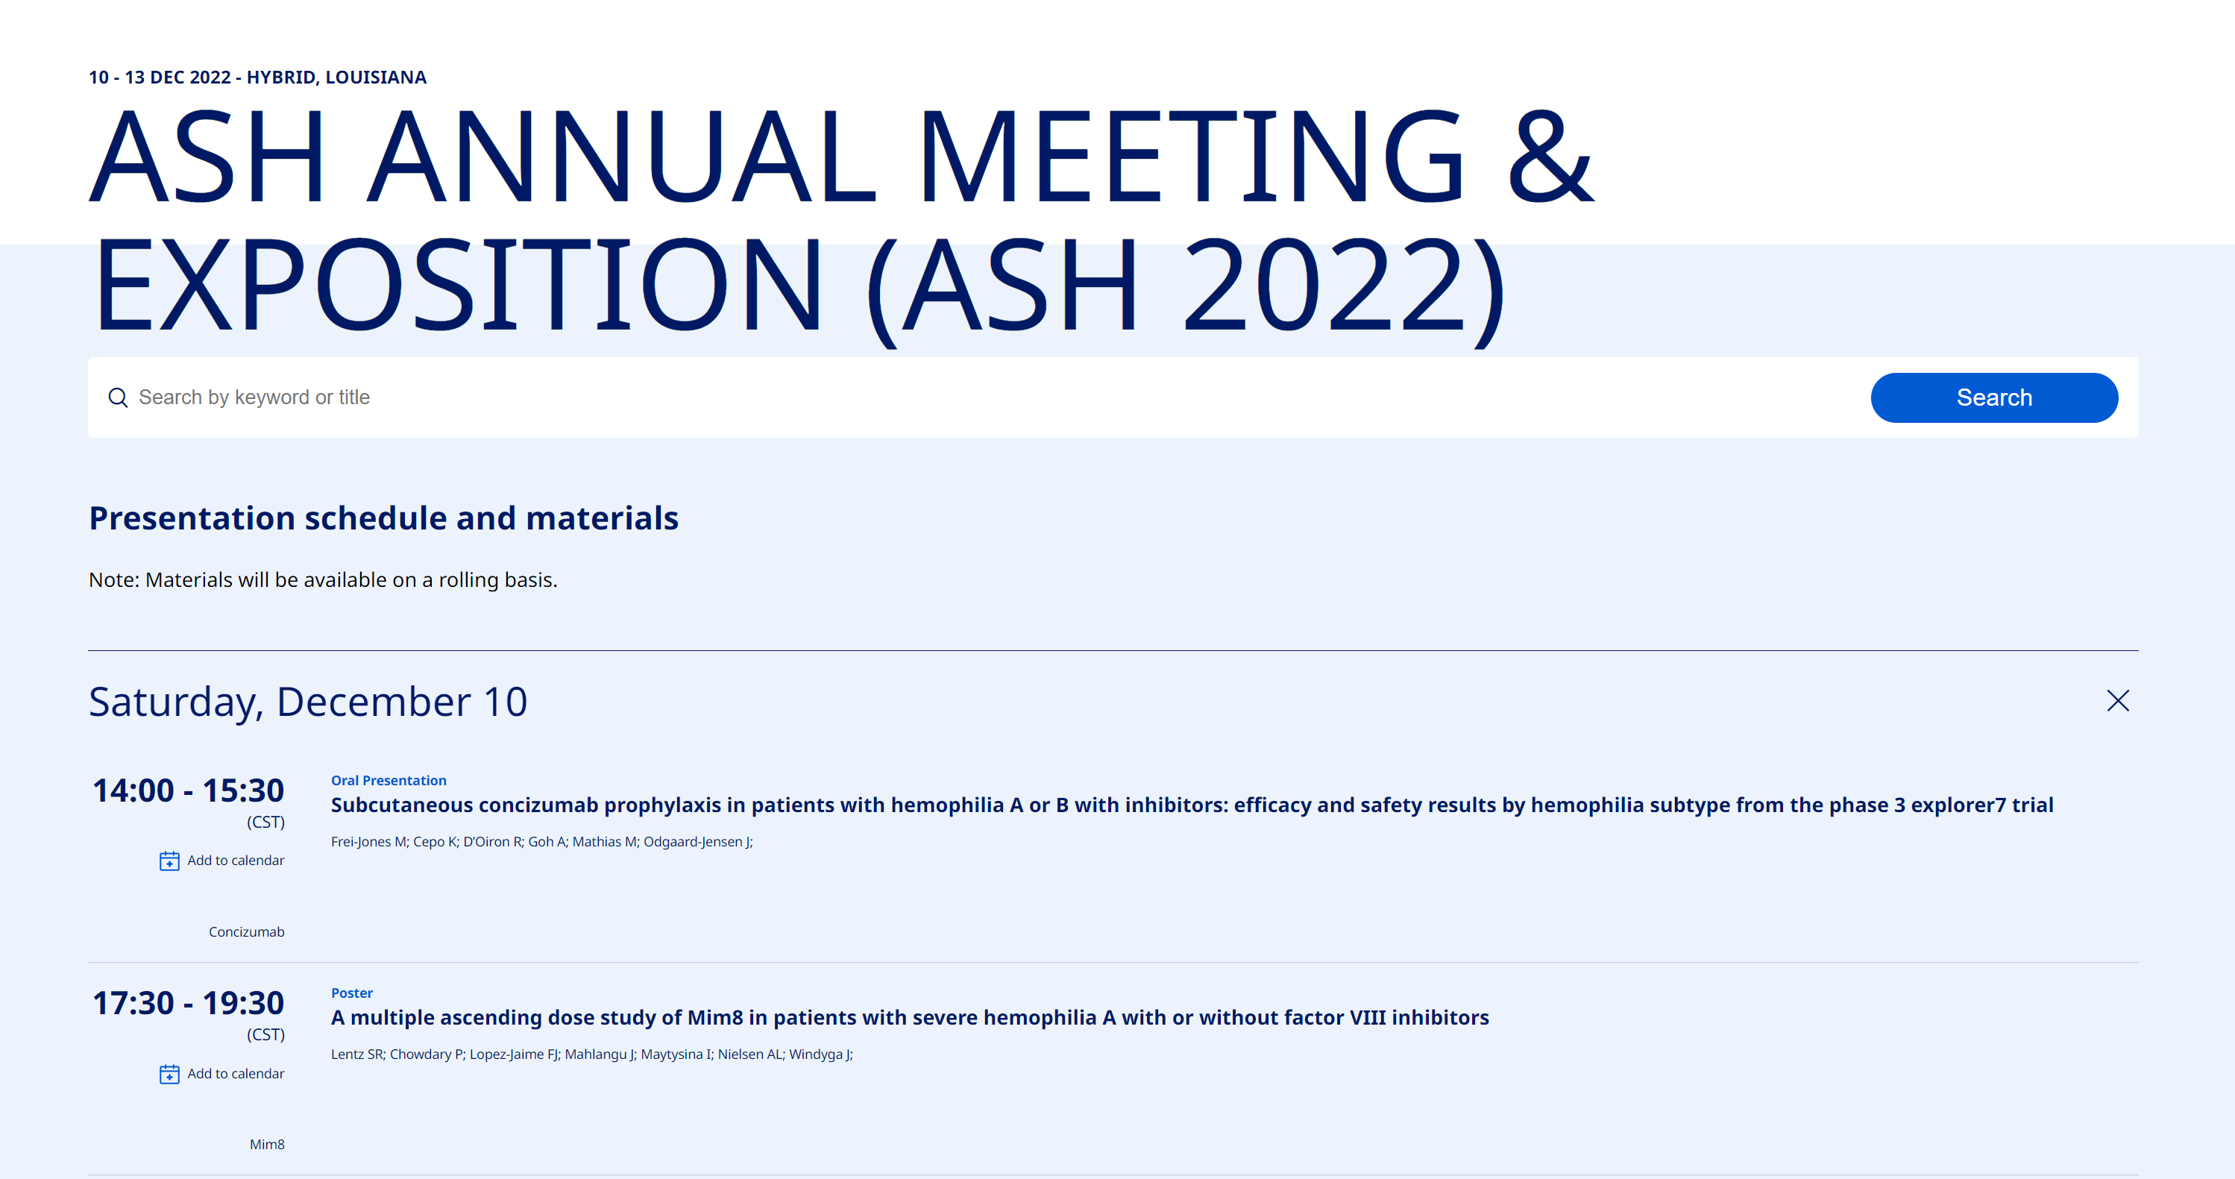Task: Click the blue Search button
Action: [1994, 397]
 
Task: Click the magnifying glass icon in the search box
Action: [118, 397]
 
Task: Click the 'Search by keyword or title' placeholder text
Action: [254, 397]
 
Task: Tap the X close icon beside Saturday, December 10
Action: [2118, 701]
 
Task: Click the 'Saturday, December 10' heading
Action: [308, 702]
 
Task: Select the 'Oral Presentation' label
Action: [389, 780]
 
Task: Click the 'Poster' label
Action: [351, 993]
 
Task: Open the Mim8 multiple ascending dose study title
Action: [910, 1018]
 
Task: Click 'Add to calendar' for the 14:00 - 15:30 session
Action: [235, 860]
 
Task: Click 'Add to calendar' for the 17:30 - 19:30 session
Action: [235, 1073]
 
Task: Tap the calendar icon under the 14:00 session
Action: [169, 861]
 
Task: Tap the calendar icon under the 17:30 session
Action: [169, 1074]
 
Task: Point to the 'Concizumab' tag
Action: [246, 931]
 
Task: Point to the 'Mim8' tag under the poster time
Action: [267, 1144]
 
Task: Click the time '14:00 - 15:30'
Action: [188, 790]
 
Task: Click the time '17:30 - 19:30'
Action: [188, 1003]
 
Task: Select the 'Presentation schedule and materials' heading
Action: [383, 518]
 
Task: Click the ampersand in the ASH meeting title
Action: [1550, 156]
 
